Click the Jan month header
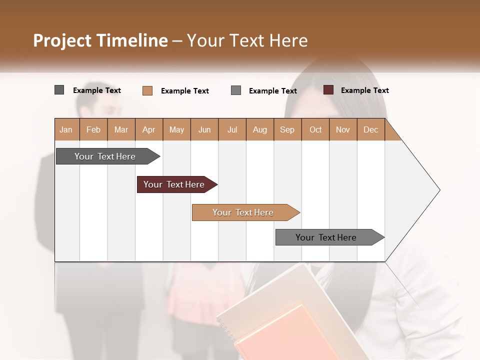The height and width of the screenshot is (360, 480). [66, 129]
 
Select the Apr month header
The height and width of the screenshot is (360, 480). [149, 129]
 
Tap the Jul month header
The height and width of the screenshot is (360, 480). [232, 129]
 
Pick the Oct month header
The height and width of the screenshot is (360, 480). [315, 129]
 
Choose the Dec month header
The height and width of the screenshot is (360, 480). [370, 129]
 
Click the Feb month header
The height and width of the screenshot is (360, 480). [93, 129]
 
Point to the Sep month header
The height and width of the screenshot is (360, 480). [287, 129]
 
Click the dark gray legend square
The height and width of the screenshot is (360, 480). [59, 90]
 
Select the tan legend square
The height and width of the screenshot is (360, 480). [147, 90]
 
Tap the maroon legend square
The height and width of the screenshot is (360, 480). [328, 90]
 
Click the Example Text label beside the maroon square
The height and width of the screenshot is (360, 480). [364, 90]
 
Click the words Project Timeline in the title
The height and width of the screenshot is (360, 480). [100, 40]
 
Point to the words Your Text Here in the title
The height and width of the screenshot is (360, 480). [247, 40]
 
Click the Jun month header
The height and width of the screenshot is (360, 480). [204, 129]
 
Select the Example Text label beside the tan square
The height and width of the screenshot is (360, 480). [184, 91]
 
